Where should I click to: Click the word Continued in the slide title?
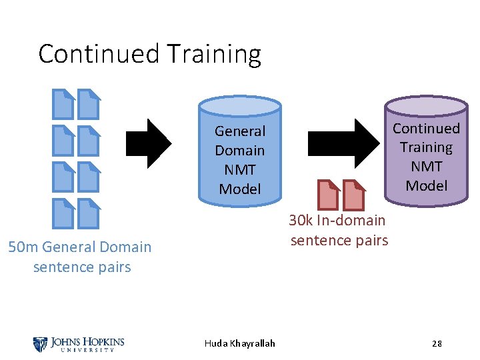click(97, 53)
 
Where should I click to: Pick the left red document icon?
click(328, 195)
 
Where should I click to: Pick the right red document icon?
click(354, 195)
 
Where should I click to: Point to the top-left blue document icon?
click(64, 104)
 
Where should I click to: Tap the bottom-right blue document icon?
click(89, 213)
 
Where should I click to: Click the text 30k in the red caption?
click(301, 221)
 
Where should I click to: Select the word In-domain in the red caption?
click(351, 221)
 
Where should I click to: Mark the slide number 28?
click(437, 343)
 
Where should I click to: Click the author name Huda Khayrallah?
click(240, 343)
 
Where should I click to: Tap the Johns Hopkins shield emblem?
click(40, 344)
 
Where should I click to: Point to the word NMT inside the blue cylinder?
click(240, 170)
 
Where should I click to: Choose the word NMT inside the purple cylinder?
click(427, 167)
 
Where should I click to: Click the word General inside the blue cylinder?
click(240, 131)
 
